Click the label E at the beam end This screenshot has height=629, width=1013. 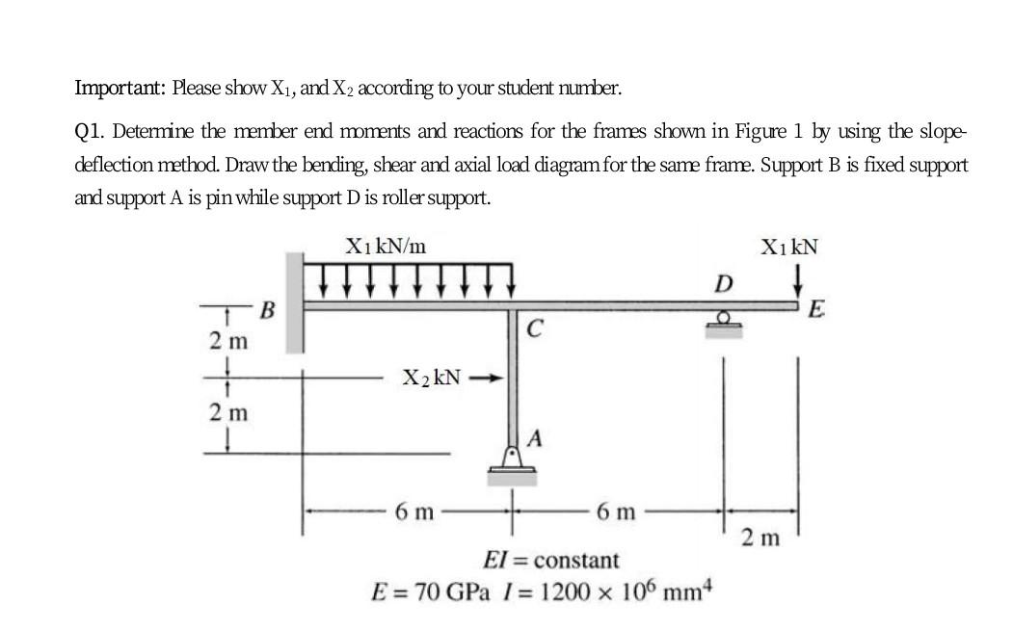tap(816, 310)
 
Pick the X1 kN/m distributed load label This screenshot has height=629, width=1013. tap(386, 246)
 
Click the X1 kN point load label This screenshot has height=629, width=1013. tap(788, 246)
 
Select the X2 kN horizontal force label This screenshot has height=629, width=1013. tap(432, 378)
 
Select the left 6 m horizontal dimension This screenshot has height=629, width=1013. tap(415, 511)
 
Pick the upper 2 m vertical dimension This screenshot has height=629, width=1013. tap(227, 340)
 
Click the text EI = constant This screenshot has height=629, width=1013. tap(550, 560)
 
